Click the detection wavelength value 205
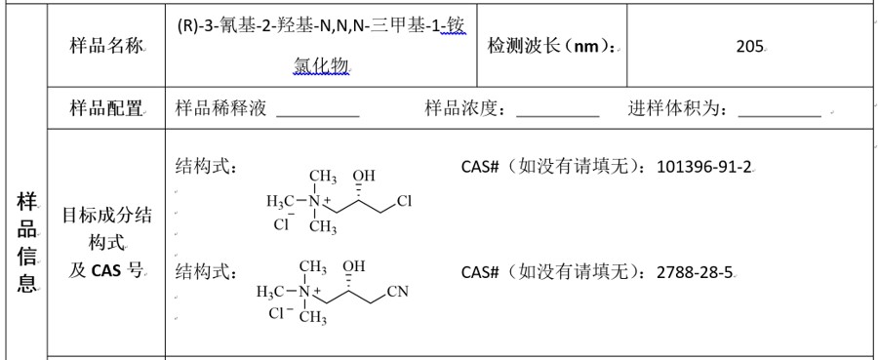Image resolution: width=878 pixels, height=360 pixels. (x=750, y=46)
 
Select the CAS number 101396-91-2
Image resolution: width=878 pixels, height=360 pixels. (x=703, y=166)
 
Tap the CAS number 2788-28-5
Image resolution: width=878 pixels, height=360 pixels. (x=695, y=272)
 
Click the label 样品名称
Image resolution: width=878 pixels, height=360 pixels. (x=106, y=45)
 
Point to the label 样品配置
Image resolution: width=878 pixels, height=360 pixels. (x=106, y=108)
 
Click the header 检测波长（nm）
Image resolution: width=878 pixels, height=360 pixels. (x=551, y=45)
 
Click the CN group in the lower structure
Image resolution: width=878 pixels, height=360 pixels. (x=398, y=292)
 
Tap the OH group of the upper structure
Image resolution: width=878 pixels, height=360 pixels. (x=364, y=176)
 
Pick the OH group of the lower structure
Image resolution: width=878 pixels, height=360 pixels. (x=354, y=265)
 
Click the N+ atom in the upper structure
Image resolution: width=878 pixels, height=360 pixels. (x=317, y=201)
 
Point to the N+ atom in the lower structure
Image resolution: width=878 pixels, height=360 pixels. (x=307, y=291)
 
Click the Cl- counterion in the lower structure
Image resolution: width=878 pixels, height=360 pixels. (x=282, y=313)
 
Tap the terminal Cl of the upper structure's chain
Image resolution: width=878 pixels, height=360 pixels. (x=404, y=201)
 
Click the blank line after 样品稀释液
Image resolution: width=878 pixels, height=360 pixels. (x=318, y=116)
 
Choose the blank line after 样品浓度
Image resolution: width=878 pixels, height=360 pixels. (x=558, y=116)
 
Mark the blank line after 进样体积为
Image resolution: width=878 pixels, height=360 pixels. (x=780, y=116)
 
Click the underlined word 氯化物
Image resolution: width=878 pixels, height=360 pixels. (x=321, y=66)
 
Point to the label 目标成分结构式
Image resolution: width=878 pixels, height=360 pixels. (x=106, y=229)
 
